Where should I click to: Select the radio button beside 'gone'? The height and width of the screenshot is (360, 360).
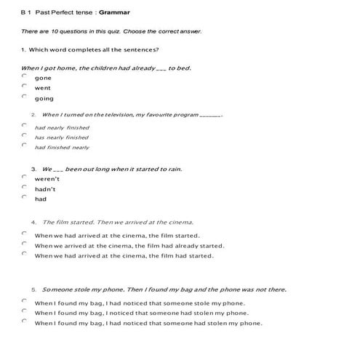(24, 76)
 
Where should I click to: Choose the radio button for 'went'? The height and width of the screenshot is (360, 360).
(24, 87)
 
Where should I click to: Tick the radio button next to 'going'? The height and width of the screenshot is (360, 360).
(24, 97)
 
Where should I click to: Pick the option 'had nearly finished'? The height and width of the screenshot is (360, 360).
(62, 127)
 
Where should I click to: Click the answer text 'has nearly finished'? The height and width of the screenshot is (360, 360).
(62, 137)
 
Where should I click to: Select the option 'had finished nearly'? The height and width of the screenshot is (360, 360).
(62, 147)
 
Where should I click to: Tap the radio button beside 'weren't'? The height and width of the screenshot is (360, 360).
(24, 177)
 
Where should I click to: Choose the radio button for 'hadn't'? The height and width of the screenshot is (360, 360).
(24, 188)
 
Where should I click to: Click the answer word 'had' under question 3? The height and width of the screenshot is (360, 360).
(41, 198)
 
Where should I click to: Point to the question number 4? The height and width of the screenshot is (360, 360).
(33, 222)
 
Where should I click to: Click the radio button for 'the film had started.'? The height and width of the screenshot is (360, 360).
(24, 255)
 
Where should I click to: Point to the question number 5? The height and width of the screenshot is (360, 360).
(33, 289)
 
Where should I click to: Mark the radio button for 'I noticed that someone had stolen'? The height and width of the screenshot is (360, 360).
(24, 313)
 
